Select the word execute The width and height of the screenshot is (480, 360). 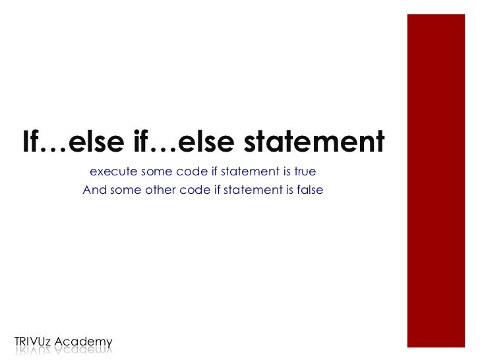point(109,172)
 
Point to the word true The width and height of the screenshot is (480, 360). point(305,172)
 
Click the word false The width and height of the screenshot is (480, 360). point(310,191)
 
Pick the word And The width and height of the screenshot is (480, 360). point(94,191)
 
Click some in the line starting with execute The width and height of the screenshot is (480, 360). point(154,172)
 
